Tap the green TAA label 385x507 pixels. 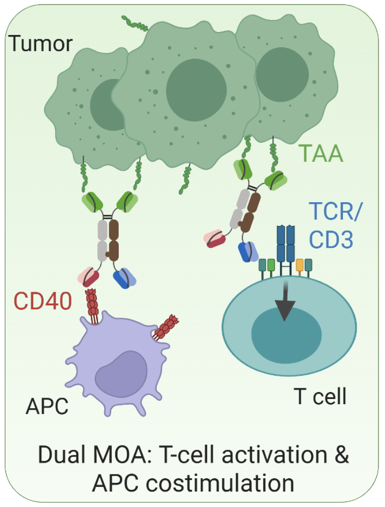(321, 153)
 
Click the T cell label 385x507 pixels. (320, 397)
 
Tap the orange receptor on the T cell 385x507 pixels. (300, 265)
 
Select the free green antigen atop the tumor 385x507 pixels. (134, 23)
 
